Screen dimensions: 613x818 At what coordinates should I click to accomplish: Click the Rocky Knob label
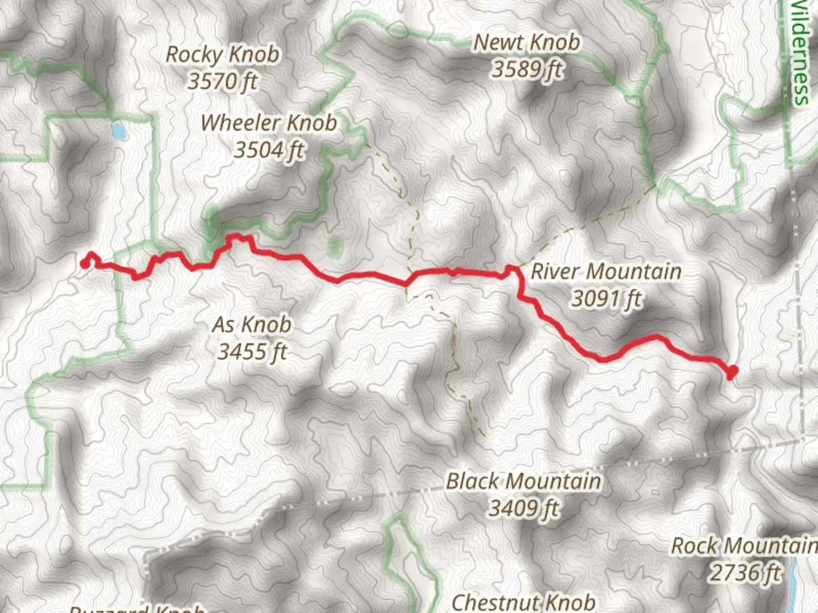coord(222,54)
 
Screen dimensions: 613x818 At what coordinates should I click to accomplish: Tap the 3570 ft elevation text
coord(222,81)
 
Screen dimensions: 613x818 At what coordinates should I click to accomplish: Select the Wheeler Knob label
coord(268,123)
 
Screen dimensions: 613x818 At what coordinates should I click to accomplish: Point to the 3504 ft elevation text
coord(269,150)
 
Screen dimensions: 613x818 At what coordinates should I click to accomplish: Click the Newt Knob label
coord(527,42)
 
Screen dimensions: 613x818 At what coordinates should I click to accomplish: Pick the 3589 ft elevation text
coord(527,69)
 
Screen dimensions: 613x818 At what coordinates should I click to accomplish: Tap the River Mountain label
coord(606,271)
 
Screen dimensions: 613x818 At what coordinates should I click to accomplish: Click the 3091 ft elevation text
coord(606,298)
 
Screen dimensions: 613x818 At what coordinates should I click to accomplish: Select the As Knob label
coord(252,325)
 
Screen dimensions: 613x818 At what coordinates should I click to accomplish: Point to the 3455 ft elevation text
coord(252,352)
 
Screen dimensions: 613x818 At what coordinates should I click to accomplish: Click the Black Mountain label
coord(523,481)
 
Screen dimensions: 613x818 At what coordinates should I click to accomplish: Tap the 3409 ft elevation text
coord(523,508)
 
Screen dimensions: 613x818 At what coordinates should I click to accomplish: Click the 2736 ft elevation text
coord(745,573)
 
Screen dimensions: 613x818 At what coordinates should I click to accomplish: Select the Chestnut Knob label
coord(523,602)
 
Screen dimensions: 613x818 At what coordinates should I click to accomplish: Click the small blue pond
coord(119,131)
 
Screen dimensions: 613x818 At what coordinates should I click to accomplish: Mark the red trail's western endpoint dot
coord(85,264)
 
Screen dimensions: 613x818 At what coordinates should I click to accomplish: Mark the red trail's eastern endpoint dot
coord(732,372)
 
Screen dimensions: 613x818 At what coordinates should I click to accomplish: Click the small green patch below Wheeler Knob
coord(335,247)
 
